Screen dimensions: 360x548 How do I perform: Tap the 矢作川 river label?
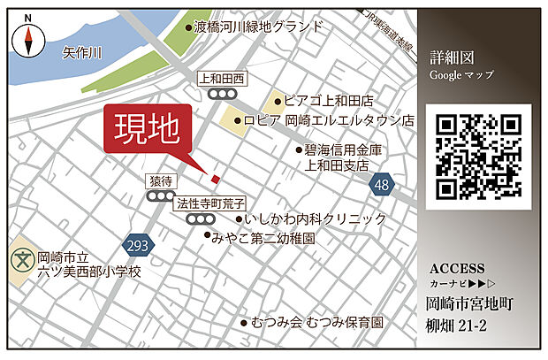(x=83, y=54)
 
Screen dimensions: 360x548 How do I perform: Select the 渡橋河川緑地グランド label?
(x=258, y=27)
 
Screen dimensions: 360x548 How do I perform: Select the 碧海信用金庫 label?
(x=344, y=149)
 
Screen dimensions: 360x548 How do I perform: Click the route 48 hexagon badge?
(x=381, y=184)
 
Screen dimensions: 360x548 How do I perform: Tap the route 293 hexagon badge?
(x=140, y=243)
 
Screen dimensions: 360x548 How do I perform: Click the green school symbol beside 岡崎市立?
(x=20, y=263)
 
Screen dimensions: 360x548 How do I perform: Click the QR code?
(x=479, y=157)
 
